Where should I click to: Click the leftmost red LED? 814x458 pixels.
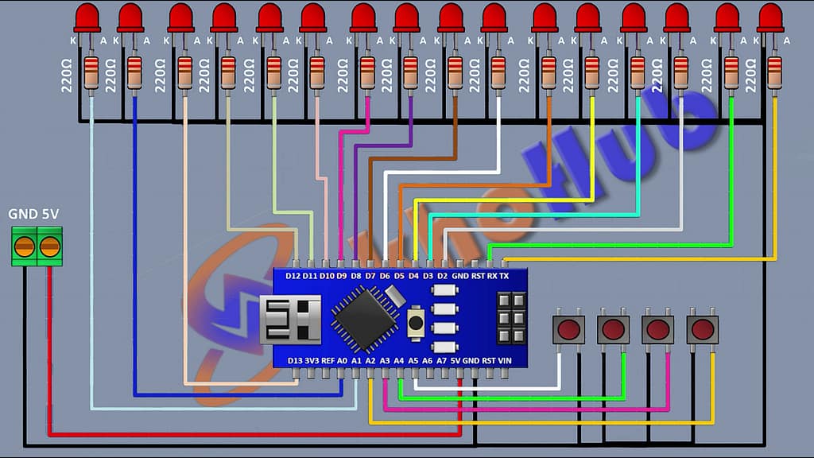coord(87,17)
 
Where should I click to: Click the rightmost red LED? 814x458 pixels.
coord(770,17)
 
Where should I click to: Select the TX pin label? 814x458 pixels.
coord(504,276)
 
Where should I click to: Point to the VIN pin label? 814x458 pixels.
coord(504,360)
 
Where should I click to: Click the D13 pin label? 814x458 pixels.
coord(294,360)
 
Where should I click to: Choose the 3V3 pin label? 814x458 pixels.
coord(312,360)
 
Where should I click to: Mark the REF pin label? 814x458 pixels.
coord(328,360)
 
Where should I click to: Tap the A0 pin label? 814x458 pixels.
coord(343,360)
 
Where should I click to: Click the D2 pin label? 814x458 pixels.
coord(444,276)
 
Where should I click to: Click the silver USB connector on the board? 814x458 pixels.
coord(291,318)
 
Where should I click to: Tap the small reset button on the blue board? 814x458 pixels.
coord(415,322)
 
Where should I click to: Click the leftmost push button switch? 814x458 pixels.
coord(568,328)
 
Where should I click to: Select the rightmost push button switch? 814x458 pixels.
coord(703,328)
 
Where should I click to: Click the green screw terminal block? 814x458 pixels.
coord(37,246)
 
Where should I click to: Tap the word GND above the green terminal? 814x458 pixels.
coord(21,215)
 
